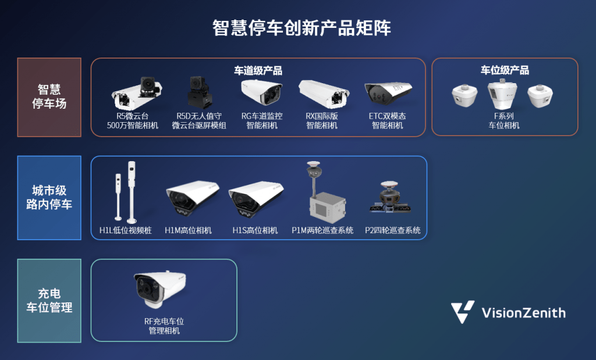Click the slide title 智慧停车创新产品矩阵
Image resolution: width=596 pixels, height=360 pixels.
tap(301, 28)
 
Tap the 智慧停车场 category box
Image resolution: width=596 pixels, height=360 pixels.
tap(49, 97)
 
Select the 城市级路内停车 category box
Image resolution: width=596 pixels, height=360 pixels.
tap(49, 198)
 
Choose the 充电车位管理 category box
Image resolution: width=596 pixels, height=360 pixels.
tap(49, 300)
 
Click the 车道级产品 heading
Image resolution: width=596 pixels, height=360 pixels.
tap(258, 70)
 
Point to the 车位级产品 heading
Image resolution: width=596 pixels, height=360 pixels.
tap(505, 70)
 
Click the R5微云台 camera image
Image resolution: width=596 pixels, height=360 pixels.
tap(136, 94)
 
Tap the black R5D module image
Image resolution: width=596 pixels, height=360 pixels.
tap(199, 92)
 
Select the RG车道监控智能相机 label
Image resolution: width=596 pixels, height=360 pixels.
tap(262, 121)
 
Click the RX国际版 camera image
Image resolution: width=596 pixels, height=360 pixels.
tap(324, 94)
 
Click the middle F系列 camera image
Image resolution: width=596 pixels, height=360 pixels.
tap(502, 94)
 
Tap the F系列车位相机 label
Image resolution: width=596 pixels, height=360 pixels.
tap(503, 121)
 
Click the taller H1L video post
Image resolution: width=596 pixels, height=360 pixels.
tap(132, 192)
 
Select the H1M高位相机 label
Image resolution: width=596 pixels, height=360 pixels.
tap(188, 230)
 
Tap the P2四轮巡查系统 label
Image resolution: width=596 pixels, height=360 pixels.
tap(393, 230)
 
